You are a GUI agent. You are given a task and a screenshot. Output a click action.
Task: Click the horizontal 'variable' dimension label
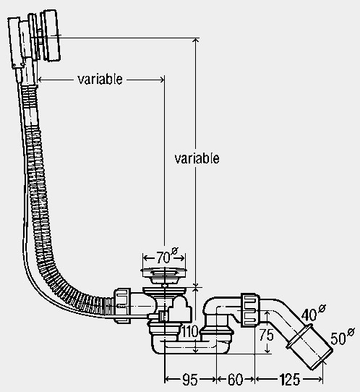click(x=100, y=80)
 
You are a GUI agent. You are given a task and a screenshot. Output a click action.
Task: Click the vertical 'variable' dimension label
click(x=197, y=158)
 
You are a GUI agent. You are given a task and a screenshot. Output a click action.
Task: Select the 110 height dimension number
click(x=190, y=332)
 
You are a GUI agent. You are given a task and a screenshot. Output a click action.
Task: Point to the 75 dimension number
click(x=266, y=335)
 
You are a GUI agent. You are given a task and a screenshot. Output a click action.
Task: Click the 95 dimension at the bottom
click(x=190, y=379)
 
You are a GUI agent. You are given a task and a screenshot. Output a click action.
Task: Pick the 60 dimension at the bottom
click(x=235, y=379)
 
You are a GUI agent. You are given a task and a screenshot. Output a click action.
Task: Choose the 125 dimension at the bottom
click(x=289, y=379)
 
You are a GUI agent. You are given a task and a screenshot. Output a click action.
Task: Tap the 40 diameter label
click(x=313, y=312)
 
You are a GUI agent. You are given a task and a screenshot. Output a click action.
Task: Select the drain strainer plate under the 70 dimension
click(x=163, y=270)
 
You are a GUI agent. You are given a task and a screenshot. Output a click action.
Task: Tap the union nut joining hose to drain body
click(x=122, y=305)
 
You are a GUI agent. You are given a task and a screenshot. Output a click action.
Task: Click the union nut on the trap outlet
click(x=250, y=310)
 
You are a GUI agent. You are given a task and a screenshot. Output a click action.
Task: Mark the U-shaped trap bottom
click(x=190, y=346)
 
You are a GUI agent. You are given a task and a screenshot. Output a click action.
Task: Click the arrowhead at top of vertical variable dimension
click(x=196, y=41)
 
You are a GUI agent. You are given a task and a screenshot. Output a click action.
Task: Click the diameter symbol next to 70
click(x=175, y=251)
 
